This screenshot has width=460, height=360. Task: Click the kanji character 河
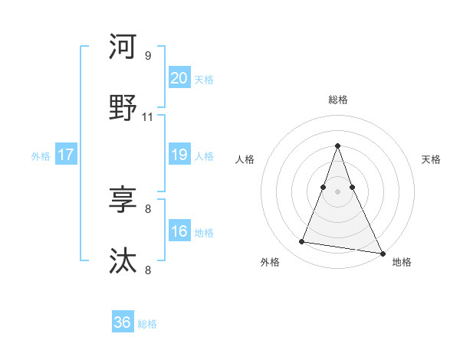point(123,47)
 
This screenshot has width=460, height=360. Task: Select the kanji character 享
point(123,200)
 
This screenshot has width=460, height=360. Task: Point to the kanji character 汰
point(123,260)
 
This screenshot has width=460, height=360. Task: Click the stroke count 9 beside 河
point(148,56)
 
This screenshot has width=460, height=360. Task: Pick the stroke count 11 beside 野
point(148,117)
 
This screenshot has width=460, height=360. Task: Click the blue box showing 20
point(179,78)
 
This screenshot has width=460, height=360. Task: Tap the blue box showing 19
point(179,155)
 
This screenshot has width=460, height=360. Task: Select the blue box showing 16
point(179,231)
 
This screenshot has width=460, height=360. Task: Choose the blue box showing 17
point(65,155)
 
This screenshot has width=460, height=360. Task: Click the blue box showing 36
point(122,322)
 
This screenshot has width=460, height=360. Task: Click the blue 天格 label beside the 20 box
point(204,80)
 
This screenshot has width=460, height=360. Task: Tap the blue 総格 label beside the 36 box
point(147,324)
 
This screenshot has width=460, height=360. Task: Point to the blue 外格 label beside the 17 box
point(41,156)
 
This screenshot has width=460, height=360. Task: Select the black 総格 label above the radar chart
point(337,100)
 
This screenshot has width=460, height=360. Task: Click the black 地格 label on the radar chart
point(402,263)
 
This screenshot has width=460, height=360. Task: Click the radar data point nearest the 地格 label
point(382,253)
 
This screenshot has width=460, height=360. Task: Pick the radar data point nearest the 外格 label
point(301,242)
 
